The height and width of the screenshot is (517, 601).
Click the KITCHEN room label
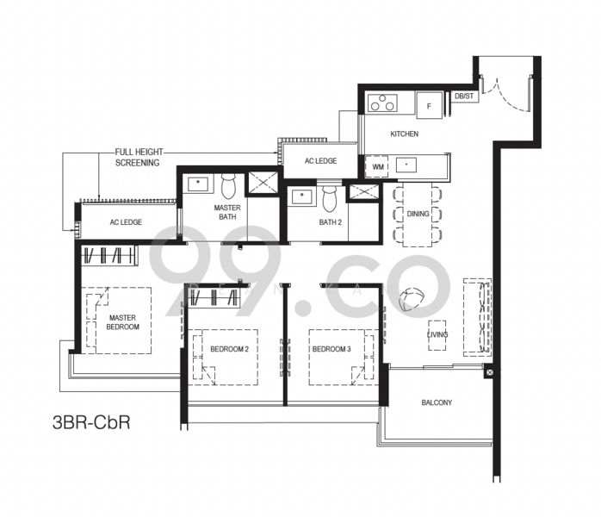click(404, 134)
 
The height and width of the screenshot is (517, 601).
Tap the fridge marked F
click(429, 106)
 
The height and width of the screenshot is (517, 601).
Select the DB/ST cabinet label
click(464, 96)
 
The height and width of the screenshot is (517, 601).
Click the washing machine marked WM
click(378, 167)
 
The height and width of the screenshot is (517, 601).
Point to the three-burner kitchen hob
click(382, 103)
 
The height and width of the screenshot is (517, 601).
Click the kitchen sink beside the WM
click(406, 165)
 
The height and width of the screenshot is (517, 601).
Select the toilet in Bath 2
click(329, 198)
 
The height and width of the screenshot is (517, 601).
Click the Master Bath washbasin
click(198, 184)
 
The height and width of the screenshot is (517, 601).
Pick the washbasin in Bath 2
click(302, 197)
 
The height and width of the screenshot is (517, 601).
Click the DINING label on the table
click(418, 214)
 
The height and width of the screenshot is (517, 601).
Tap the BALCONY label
click(437, 402)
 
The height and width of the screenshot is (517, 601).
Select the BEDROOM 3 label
click(331, 349)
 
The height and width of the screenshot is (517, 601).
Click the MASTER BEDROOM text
click(122, 322)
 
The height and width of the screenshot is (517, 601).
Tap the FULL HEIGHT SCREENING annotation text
click(139, 157)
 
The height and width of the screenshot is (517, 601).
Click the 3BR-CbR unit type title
click(91, 422)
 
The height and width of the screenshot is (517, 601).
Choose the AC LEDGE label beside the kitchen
click(321, 161)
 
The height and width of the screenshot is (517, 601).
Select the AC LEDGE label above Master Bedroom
click(126, 222)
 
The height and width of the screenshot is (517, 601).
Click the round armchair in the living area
click(412, 300)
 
